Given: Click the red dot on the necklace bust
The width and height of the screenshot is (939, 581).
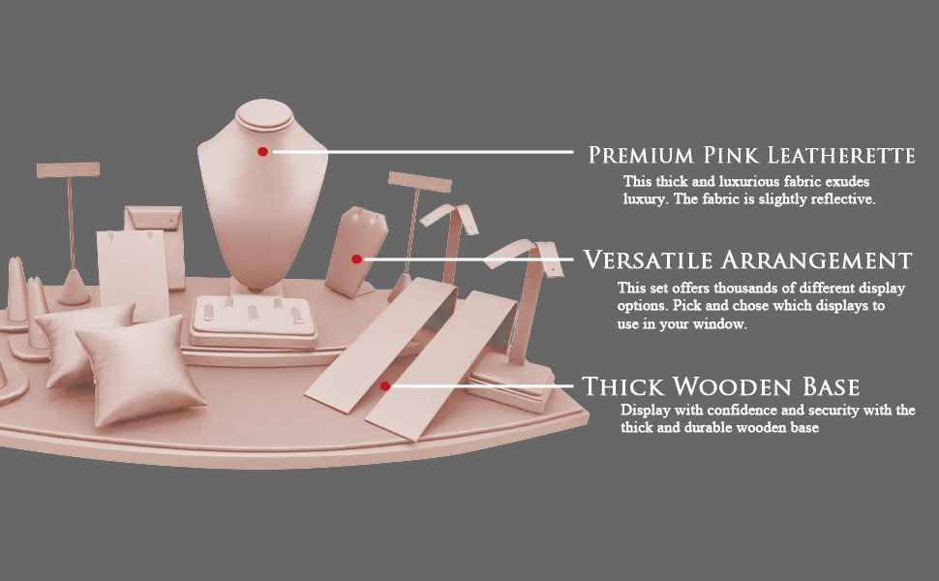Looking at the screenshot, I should click(262, 151).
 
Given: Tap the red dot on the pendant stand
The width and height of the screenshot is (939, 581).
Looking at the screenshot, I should click(356, 259).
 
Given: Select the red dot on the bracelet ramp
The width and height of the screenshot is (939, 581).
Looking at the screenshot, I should click(385, 385).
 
